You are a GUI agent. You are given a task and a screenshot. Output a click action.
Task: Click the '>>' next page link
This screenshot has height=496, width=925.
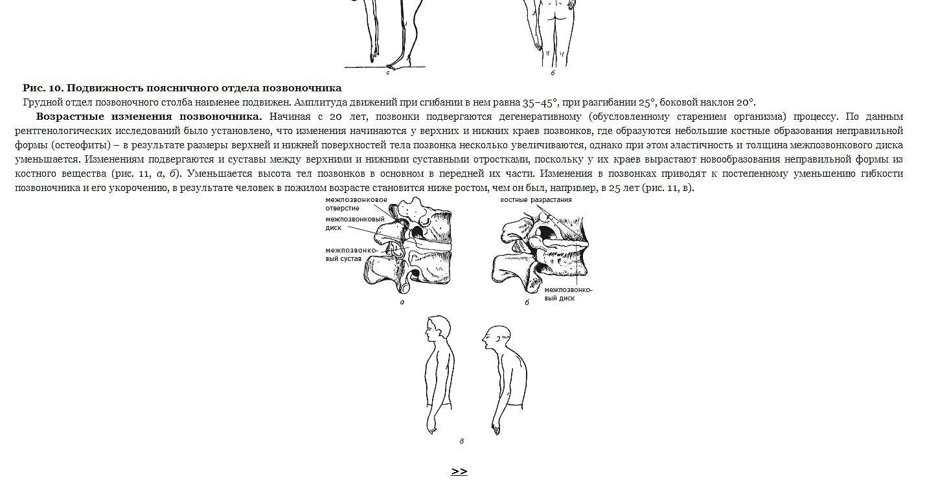point(459,471)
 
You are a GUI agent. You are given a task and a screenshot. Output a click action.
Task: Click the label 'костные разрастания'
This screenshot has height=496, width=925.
point(536,200)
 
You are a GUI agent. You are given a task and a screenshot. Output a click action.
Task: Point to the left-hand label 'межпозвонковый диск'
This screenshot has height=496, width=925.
point(355,223)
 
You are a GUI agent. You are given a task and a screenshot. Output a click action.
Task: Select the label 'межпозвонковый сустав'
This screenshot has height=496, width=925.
point(352,254)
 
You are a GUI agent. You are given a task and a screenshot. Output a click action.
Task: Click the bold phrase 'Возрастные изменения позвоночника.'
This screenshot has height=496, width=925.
point(149,117)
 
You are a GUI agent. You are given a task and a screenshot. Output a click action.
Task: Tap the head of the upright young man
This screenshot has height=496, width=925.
point(438,330)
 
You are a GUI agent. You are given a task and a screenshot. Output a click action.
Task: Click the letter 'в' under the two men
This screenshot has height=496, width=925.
point(461,442)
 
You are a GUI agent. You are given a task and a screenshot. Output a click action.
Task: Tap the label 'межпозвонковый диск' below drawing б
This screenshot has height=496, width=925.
point(568,294)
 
